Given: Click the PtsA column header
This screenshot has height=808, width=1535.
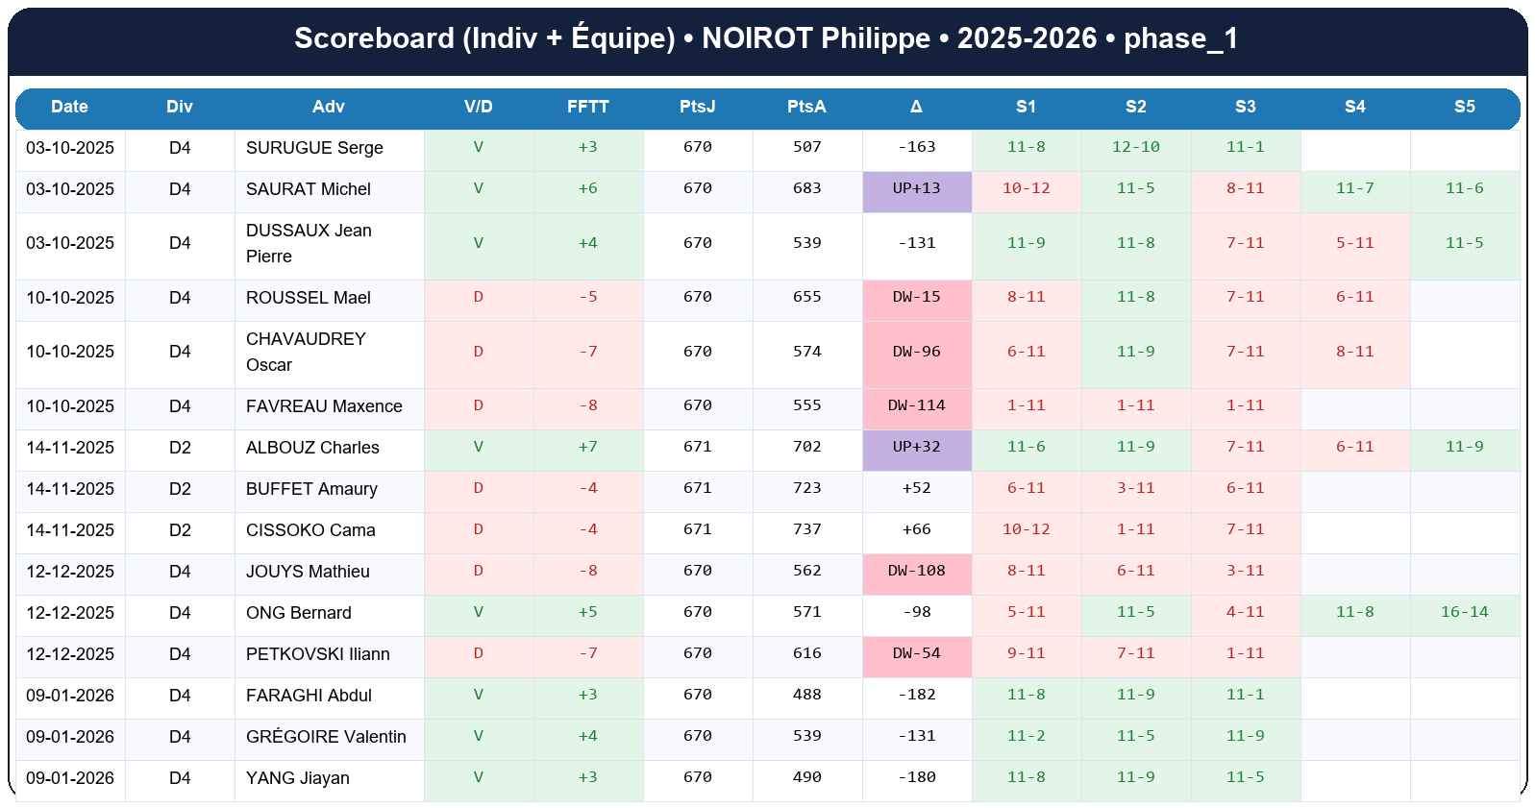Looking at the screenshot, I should click(x=806, y=107).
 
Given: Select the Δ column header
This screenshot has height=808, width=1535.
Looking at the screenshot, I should click(x=916, y=107).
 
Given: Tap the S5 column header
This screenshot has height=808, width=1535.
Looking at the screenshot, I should click(x=1464, y=107).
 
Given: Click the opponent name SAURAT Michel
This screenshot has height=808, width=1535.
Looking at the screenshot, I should click(x=309, y=189).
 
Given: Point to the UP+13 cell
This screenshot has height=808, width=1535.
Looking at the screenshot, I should click(x=917, y=188).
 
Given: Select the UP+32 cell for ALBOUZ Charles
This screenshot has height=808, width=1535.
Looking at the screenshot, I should click(x=917, y=447).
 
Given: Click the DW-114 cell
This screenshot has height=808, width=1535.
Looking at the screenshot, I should click(x=917, y=405).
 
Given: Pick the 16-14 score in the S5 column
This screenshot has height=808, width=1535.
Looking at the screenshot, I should click(x=1464, y=612).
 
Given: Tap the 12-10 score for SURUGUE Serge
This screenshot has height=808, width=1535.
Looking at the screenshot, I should click(x=1135, y=147).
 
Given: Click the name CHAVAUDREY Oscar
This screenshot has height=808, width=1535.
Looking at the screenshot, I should click(x=306, y=352).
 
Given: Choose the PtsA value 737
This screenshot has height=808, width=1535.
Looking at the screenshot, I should click(x=807, y=529).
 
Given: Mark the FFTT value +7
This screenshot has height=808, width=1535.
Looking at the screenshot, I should click(x=588, y=447).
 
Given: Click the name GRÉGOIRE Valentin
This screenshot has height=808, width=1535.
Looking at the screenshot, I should click(x=326, y=737).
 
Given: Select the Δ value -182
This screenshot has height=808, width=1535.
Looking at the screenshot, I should click(x=917, y=695).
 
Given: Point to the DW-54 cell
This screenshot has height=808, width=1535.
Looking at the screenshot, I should click(x=917, y=653).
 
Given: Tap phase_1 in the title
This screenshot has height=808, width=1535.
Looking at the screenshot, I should click(x=1180, y=38).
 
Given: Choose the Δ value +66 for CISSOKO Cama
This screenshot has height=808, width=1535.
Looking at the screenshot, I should click(x=917, y=529).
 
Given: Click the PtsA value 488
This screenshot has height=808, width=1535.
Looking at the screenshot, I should click(x=807, y=695).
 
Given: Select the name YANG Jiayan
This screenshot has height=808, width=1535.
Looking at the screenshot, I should click(x=298, y=778).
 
